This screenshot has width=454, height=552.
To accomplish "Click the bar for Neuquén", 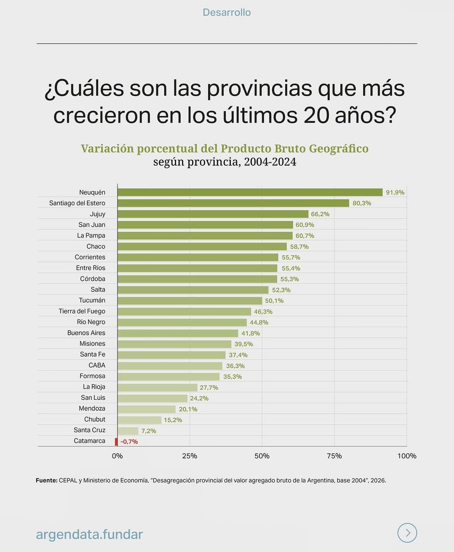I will (250, 192).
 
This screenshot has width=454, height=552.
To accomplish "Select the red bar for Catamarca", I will (116, 442).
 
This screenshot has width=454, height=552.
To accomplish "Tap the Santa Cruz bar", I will (128, 431).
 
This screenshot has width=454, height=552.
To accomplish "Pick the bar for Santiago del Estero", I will (233, 203).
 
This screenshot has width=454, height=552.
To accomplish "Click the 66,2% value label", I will (320, 214).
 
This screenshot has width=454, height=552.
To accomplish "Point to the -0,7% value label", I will (129, 442).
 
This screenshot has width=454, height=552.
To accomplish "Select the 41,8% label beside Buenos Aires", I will (251, 333).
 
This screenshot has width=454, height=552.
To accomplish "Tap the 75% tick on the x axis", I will (334, 456).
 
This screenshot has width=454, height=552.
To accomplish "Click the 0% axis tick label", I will (118, 456).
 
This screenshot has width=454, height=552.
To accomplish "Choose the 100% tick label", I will (407, 456).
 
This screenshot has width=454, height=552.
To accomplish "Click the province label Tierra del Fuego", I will (82, 311).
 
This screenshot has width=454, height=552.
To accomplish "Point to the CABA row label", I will (97, 365).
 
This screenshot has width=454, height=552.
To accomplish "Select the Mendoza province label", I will (92, 408).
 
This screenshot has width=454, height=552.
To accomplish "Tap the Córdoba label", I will (93, 279).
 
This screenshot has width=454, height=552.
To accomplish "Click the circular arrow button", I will (407, 533).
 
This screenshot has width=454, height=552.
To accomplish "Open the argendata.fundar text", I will (89, 534).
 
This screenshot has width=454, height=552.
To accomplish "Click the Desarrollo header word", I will (227, 12).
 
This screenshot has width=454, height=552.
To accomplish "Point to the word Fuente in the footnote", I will (46, 480).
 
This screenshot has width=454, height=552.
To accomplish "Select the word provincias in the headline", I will (259, 89).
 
